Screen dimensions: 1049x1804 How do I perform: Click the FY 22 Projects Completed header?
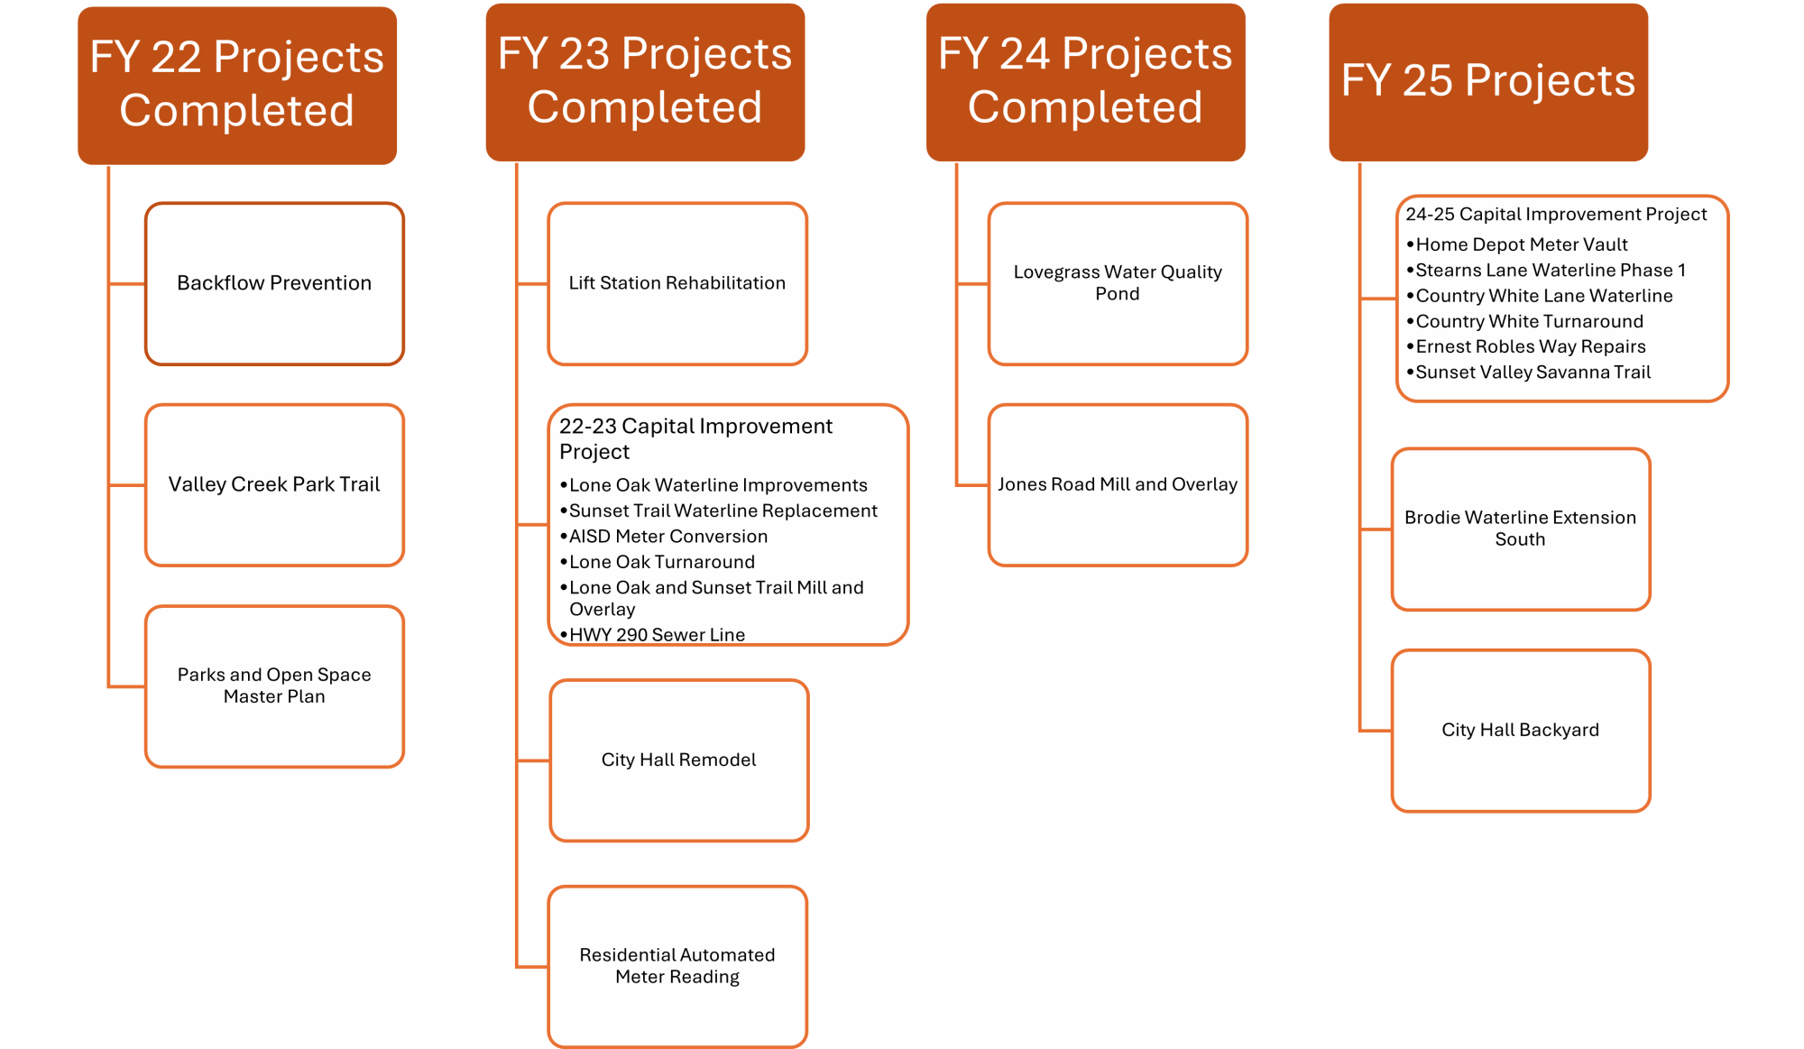(237, 85)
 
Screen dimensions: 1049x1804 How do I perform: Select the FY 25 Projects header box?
(1488, 81)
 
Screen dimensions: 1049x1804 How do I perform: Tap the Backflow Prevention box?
(274, 283)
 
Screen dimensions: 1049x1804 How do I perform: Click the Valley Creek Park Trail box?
(274, 484)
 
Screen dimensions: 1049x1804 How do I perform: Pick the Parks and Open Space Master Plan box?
(274, 686)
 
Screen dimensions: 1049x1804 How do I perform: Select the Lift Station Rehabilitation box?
(677, 283)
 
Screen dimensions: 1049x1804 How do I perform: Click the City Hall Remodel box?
(678, 760)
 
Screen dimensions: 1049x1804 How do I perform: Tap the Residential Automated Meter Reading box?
(677, 966)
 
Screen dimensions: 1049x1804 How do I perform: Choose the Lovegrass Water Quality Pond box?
(1118, 283)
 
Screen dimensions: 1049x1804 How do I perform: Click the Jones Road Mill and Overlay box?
(1118, 484)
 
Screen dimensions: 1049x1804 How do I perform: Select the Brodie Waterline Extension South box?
(1520, 529)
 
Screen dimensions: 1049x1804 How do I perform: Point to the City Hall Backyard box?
(1520, 730)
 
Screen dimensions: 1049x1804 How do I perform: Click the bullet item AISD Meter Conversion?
(668, 537)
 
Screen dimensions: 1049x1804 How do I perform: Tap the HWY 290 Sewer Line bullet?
(657, 635)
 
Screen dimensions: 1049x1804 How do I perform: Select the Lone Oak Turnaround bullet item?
(662, 562)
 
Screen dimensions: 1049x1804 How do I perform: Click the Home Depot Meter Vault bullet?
(1522, 244)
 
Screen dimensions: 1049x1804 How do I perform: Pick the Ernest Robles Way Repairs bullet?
(1531, 346)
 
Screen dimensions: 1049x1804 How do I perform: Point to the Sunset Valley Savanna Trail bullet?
(1533, 373)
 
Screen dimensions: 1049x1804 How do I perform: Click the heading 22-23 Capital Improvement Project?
(695, 438)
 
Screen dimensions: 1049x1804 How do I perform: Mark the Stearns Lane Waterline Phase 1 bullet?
(1551, 271)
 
